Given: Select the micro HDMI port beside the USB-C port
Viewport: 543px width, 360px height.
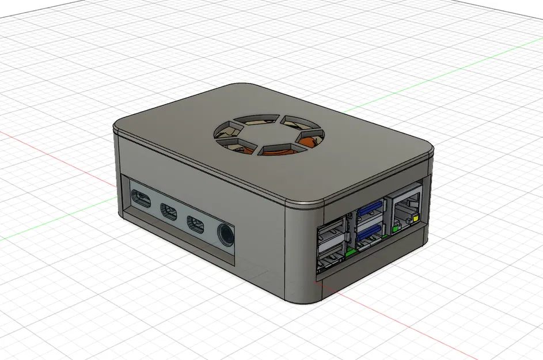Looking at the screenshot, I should tap(169, 211).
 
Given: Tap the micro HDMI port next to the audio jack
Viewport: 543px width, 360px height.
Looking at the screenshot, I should tap(195, 223).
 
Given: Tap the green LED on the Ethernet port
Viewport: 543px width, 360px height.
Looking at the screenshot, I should tap(395, 229).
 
